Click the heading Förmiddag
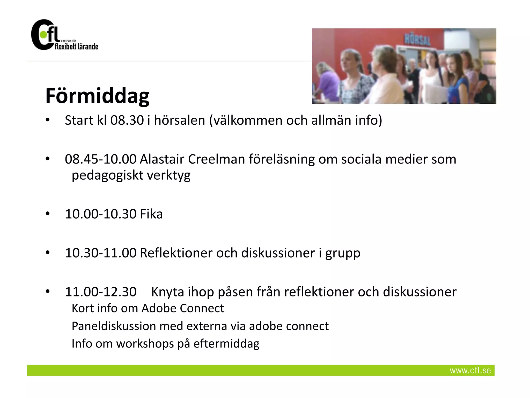pyautogui.click(x=97, y=96)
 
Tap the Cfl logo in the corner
pyautogui.click(x=64, y=35)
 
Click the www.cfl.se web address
pyautogui.click(x=470, y=370)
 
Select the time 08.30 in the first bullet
pyautogui.click(x=127, y=120)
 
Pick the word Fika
pyautogui.click(x=151, y=214)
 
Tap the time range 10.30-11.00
pyautogui.click(x=101, y=253)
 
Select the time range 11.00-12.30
pyautogui.click(x=101, y=292)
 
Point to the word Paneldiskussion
pyautogui.click(x=114, y=326)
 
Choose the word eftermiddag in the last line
pyautogui.click(x=226, y=344)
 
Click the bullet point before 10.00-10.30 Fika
pyautogui.click(x=47, y=214)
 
